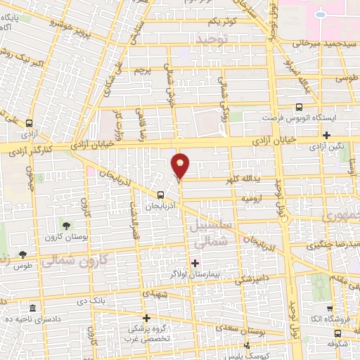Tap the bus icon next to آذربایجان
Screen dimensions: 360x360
(x=161, y=195)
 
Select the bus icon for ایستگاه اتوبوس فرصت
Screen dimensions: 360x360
(x=300, y=108)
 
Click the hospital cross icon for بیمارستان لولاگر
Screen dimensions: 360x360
(x=195, y=263)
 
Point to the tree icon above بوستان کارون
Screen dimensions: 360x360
(x=65, y=226)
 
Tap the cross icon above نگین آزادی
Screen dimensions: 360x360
(x=327, y=135)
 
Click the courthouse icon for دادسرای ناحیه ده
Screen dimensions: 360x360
(x=32, y=309)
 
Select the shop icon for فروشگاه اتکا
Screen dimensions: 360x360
(x=329, y=309)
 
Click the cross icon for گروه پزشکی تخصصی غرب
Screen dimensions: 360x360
(x=146, y=318)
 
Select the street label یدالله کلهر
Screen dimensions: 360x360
(x=240, y=180)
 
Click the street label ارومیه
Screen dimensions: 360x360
(x=251, y=199)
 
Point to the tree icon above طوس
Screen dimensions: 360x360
(x=22, y=255)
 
